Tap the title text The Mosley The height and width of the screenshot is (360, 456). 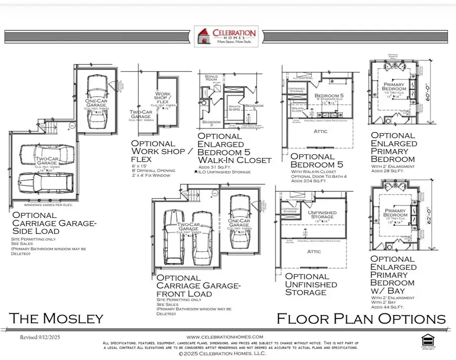click(x=56, y=318)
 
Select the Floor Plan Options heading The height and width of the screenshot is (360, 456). click(x=361, y=318)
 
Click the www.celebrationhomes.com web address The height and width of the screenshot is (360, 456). click(x=225, y=337)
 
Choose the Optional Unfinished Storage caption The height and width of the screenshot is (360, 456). click(x=311, y=284)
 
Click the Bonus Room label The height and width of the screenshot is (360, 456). click(x=211, y=78)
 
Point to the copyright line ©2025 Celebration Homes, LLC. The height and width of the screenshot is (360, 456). click(x=223, y=353)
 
